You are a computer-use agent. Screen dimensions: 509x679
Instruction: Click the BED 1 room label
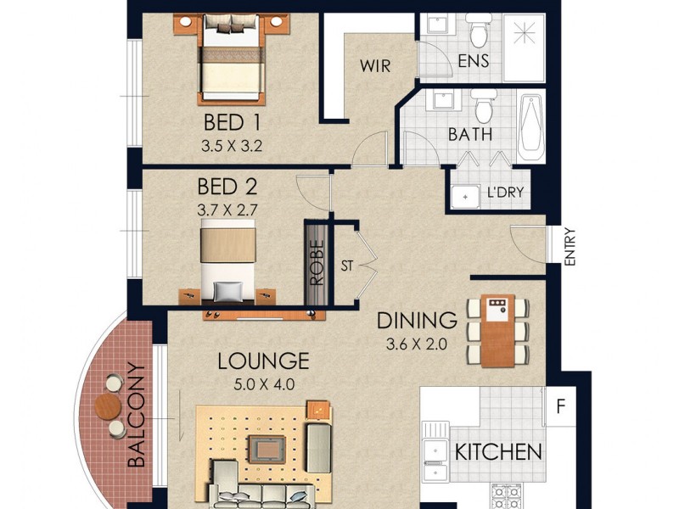click(x=231, y=121)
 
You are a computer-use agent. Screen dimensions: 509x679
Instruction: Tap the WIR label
click(x=374, y=66)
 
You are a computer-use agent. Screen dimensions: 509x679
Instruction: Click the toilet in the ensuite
click(x=480, y=33)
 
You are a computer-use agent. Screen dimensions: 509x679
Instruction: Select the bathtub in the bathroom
click(x=531, y=128)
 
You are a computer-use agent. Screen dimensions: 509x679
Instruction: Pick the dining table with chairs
click(x=497, y=331)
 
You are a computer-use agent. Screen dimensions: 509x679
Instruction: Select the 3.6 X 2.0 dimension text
click(x=417, y=344)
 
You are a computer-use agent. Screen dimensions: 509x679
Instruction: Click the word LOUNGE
click(x=263, y=361)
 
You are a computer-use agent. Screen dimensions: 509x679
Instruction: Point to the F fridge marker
click(x=559, y=405)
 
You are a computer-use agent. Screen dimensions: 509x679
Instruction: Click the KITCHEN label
click(x=498, y=451)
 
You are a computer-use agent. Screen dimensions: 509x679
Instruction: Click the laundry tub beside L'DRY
click(x=464, y=196)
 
